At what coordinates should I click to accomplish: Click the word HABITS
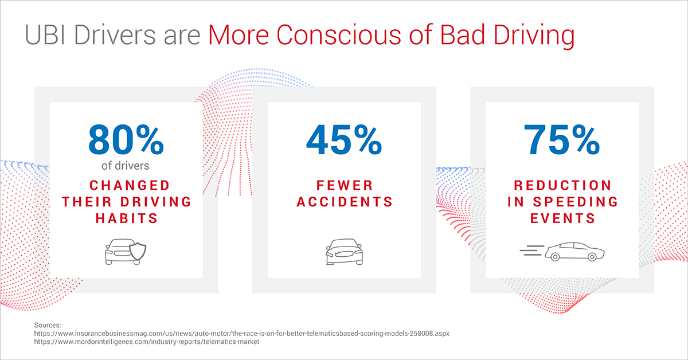pyautogui.click(x=126, y=218)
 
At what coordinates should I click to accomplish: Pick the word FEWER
pyautogui.click(x=344, y=185)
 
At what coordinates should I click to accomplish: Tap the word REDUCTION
pyautogui.click(x=562, y=185)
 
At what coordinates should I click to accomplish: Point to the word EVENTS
pyautogui.click(x=562, y=218)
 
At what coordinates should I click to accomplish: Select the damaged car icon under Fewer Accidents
pyautogui.click(x=344, y=252)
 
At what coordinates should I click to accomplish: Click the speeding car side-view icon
pyautogui.click(x=574, y=251)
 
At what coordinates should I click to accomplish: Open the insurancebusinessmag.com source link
pyautogui.click(x=241, y=333)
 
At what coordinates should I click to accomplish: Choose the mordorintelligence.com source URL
pyautogui.click(x=147, y=342)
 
